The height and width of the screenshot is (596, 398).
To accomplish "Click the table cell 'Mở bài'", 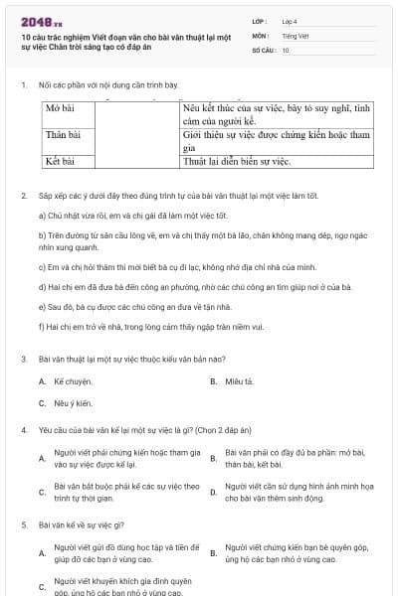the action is [62, 107].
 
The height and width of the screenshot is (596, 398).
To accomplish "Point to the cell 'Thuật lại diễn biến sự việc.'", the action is [237, 159].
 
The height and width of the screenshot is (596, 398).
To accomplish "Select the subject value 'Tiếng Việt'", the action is [296, 35].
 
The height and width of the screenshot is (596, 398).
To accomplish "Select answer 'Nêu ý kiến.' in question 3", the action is [73, 403].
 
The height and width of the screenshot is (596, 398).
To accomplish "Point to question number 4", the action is [24, 430].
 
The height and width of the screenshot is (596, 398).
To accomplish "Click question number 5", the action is [24, 522].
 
